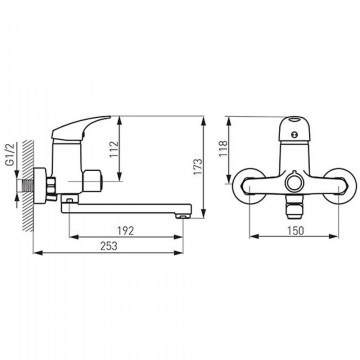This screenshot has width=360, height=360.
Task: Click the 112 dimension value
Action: [x=114, y=150]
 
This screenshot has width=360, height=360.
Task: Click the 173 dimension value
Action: [x=198, y=167]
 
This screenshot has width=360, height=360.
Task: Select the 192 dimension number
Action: [x=126, y=230]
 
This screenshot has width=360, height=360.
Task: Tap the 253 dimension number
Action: [x=109, y=246]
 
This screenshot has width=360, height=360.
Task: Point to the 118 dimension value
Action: [x=223, y=149]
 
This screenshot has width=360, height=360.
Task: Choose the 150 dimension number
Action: [x=295, y=230]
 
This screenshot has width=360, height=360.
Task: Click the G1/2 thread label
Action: [x=10, y=155]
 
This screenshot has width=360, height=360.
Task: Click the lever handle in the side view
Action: [x=81, y=128]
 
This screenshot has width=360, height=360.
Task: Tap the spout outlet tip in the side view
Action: [x=183, y=216]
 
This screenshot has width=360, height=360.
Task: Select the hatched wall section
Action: [x=28, y=186]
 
